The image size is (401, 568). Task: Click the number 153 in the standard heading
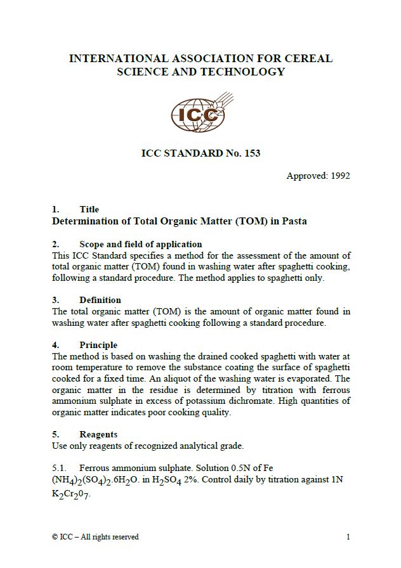click(x=251, y=153)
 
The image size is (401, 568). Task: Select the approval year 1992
click(x=340, y=176)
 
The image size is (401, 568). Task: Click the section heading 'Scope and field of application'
click(x=140, y=244)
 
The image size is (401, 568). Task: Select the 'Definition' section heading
click(x=100, y=300)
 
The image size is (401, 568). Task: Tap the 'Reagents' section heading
click(x=98, y=434)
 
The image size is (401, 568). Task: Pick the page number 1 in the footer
click(x=348, y=537)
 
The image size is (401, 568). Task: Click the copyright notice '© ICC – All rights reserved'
click(x=95, y=537)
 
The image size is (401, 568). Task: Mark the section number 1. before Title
click(x=56, y=209)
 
